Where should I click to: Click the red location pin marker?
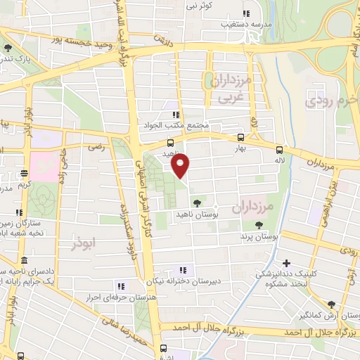point(181,166)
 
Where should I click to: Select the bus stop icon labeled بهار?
point(241,139)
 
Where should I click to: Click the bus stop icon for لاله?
point(280,150)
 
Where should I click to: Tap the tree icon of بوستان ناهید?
point(195,203)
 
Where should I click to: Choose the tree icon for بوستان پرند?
point(259,225)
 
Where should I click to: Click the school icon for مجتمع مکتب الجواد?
point(175,114)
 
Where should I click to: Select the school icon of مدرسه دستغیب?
point(245,13)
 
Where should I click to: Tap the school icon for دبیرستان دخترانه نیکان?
point(183,269)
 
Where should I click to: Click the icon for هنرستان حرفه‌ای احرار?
point(121,286)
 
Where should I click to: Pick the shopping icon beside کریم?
point(24,173)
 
